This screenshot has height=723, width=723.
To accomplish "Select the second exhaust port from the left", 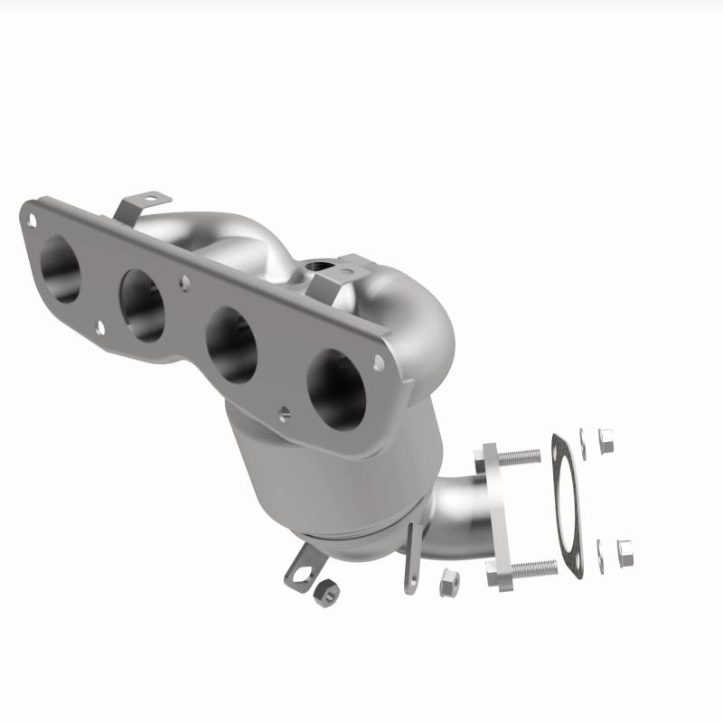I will pyautogui.click(x=142, y=305).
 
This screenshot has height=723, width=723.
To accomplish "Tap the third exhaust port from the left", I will pyautogui.click(x=231, y=343).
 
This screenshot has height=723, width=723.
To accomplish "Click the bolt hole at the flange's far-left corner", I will pyautogui.click(x=33, y=218).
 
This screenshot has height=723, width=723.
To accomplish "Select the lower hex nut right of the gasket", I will pyautogui.click(x=624, y=552).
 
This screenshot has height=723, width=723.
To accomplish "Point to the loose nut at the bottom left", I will pyautogui.click(x=327, y=592).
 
